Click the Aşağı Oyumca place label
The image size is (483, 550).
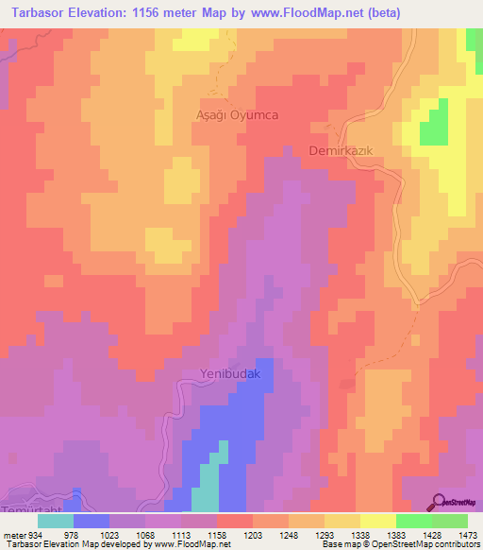coord(237,114)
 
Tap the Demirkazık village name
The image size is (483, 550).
coord(344,151)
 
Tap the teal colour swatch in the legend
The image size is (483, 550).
coord(56,521)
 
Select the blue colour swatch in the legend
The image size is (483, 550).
coord(92,521)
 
